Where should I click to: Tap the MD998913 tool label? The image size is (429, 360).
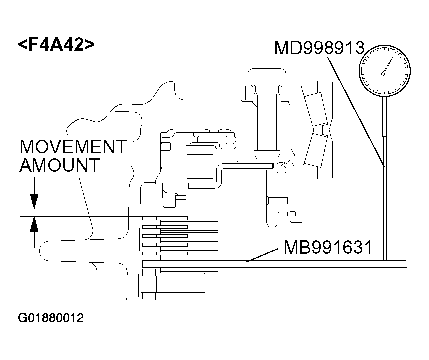tap(319, 48)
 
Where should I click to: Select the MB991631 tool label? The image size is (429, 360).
tap(327, 247)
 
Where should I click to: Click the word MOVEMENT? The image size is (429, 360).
tap(73, 147)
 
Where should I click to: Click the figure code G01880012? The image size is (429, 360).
tap(51, 318)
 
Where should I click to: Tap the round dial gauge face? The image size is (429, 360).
tap(384, 70)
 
